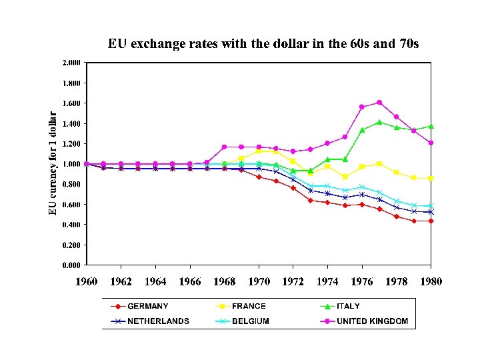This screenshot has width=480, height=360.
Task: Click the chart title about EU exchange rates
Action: [x=263, y=44]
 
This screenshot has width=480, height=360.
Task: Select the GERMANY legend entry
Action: [x=147, y=307]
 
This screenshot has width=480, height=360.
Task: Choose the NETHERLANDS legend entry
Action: [x=158, y=321]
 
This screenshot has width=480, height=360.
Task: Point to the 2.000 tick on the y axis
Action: [x=71, y=63]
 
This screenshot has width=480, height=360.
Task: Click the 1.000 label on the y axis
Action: [x=71, y=164]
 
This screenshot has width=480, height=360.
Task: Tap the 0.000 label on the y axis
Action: [x=71, y=265]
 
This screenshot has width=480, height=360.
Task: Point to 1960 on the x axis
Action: [x=87, y=281]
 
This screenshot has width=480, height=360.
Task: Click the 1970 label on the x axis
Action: [x=259, y=281]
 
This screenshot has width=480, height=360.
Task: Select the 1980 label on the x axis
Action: [x=431, y=281]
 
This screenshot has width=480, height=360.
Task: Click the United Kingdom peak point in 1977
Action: [x=379, y=102]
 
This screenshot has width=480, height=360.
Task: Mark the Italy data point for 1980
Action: [x=431, y=126]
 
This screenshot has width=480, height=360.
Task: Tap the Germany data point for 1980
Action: [x=431, y=221]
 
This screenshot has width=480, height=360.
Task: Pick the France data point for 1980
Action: [x=431, y=179]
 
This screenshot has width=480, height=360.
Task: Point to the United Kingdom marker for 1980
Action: [x=431, y=143]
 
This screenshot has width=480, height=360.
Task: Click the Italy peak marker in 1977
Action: [x=379, y=122]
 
